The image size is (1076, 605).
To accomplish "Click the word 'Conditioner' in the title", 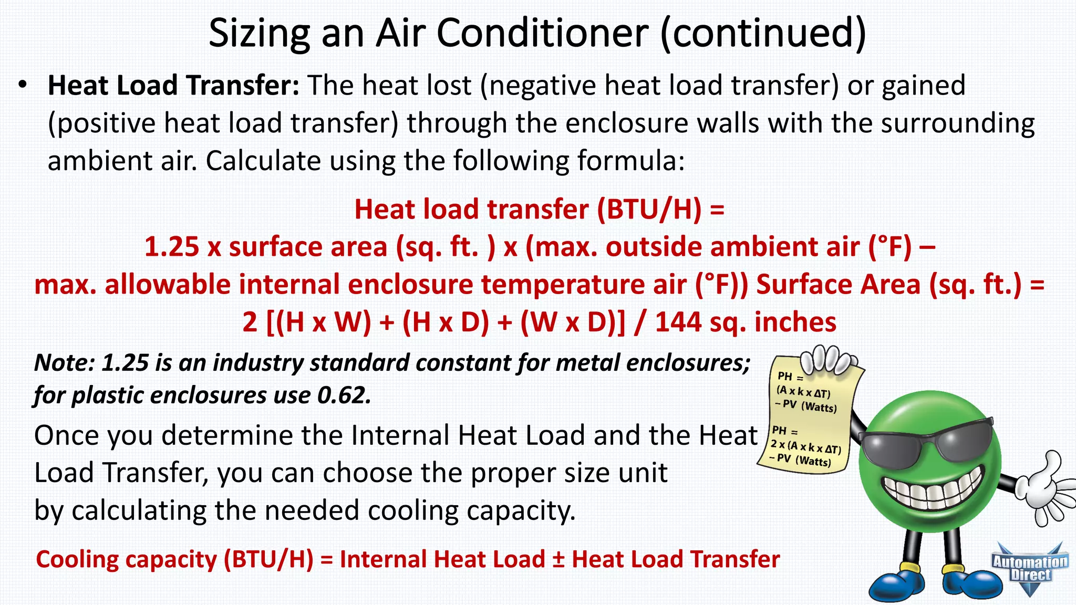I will coord(542,33).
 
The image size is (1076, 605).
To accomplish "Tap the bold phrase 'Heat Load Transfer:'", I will coord(173,85).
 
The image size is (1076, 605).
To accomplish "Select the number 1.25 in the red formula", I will coord(171,247).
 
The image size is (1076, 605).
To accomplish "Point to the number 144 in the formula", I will coord(678,322).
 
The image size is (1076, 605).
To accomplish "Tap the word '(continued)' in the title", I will coord(763,33).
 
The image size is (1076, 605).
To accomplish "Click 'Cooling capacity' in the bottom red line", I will coord(126,559).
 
